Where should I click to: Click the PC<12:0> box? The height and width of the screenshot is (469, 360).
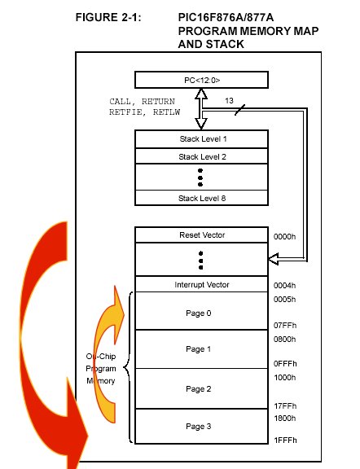pos(201,80)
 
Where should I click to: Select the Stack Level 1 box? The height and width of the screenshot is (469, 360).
pos(201,139)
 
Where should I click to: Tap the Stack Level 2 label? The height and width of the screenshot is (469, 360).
pos(202,156)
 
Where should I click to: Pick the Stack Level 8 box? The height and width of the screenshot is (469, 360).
pos(201,198)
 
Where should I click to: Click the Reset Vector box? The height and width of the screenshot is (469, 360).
pos(201,235)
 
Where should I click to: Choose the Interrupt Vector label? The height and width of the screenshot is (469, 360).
pos(202,284)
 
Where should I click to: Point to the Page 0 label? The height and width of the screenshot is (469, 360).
pos(199,313)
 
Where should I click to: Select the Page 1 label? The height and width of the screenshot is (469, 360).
pos(199,349)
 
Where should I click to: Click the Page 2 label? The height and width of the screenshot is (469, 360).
pos(199,389)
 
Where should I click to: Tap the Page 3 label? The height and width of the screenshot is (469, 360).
pos(199,426)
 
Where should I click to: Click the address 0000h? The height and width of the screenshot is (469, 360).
pos(284,237)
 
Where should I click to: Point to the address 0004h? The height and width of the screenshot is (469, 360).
pos(284,285)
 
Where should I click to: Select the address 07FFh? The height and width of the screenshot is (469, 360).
pos(285,325)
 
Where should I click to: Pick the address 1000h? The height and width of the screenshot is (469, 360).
pos(285,378)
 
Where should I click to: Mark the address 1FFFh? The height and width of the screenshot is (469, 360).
pos(286,440)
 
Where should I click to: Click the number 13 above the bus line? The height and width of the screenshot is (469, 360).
pos(229,101)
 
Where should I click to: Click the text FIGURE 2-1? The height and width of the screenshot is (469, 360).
pos(108,17)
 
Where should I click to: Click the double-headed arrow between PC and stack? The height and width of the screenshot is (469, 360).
pos(201,109)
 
